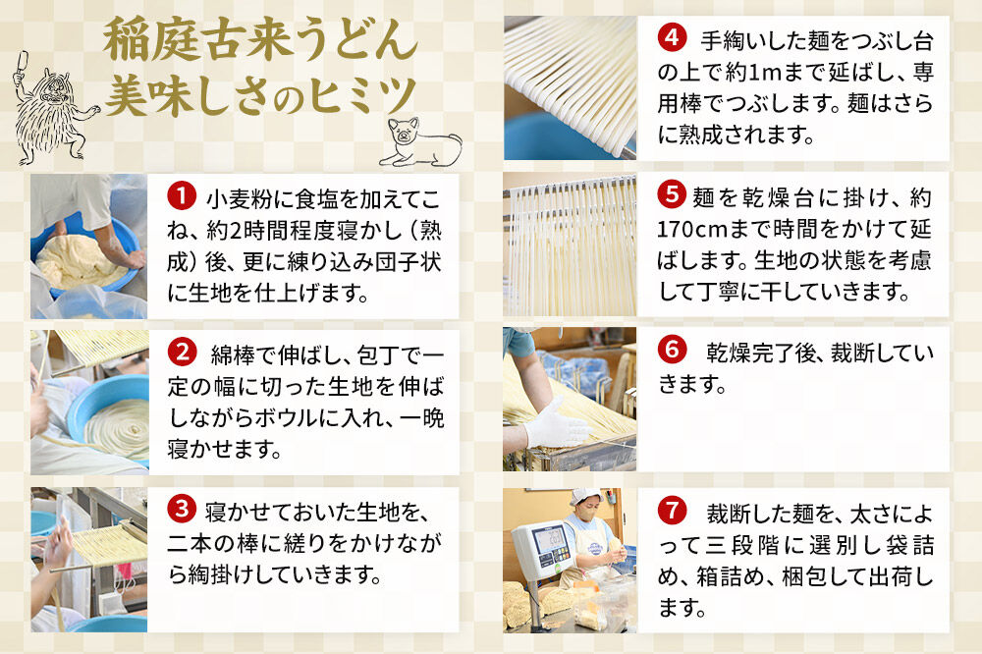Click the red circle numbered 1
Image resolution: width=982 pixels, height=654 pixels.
coord(182,198)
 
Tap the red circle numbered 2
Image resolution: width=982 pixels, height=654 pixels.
coord(182,352)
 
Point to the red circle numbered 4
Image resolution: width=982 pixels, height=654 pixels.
coord(671,39)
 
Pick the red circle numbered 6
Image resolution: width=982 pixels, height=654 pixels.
coord(671,350)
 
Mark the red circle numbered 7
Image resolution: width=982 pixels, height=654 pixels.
coord(671,511)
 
